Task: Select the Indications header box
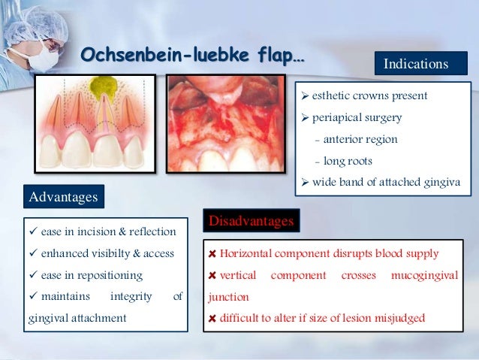pos(415,65)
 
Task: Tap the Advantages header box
pos(63,197)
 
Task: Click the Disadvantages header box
pos(252,221)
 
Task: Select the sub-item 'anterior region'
pos(360,139)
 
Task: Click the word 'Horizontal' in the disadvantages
pos(249,254)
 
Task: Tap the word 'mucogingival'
pos(424,276)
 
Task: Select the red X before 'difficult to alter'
pos(212,319)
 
